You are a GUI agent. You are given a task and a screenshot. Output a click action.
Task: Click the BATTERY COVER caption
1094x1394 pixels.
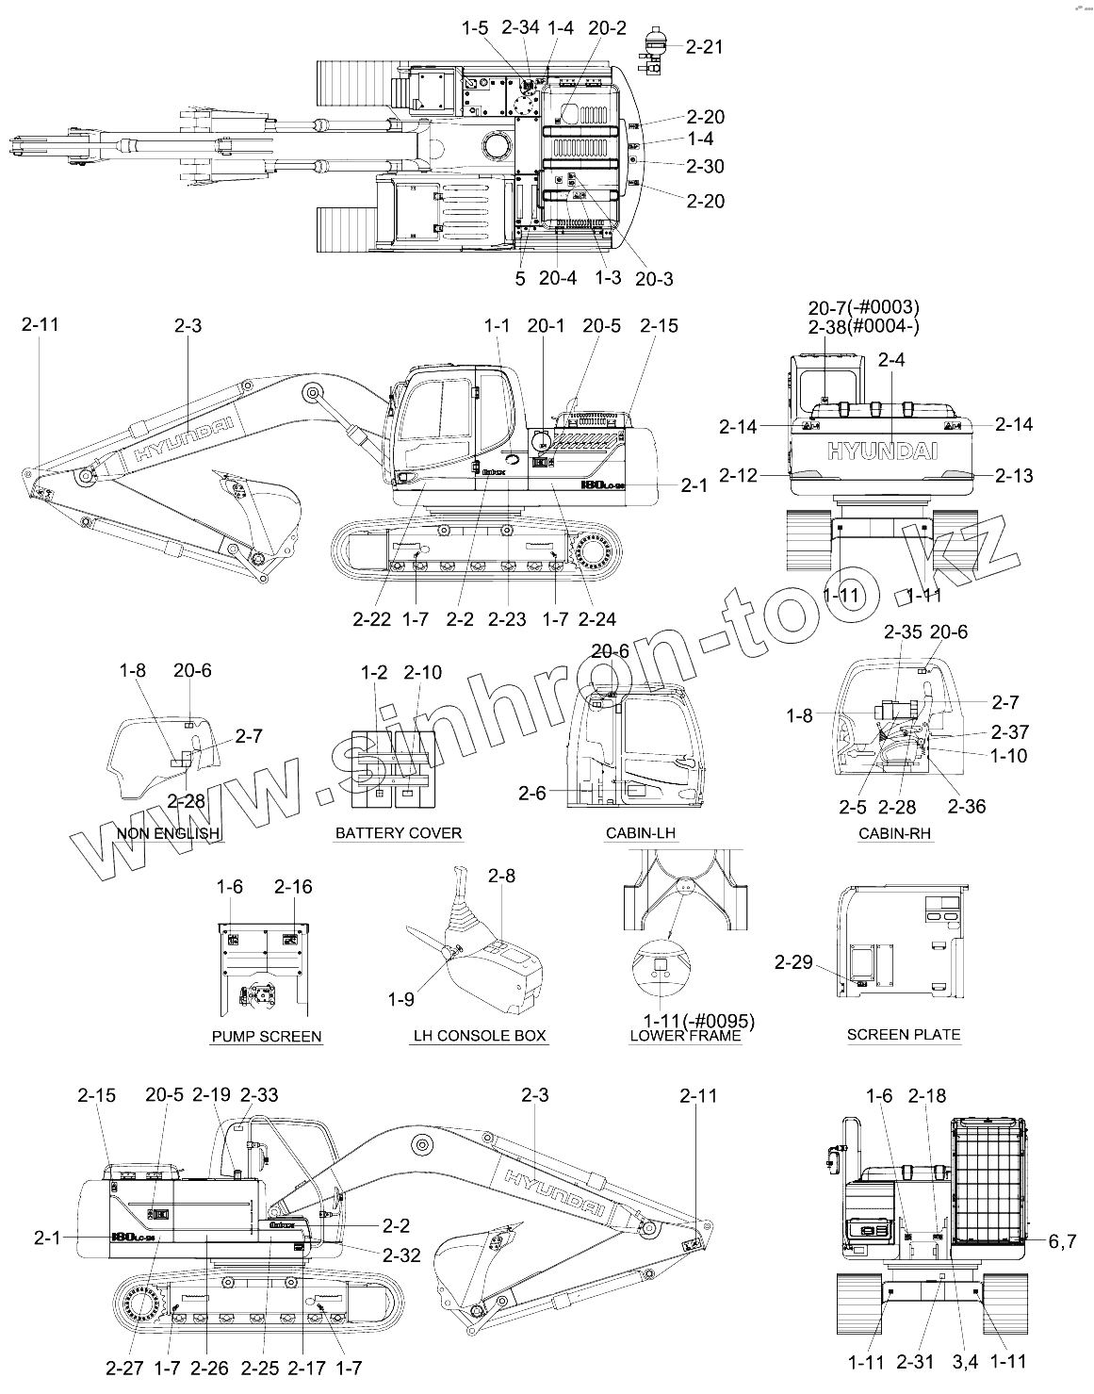coord(399,833)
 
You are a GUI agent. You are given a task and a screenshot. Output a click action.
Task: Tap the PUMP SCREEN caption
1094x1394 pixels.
coord(267,1037)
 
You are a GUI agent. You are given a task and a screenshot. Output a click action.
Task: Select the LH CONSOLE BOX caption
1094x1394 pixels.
coord(480,1036)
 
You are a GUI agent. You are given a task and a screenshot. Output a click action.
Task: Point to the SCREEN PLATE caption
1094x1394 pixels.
coord(904,1035)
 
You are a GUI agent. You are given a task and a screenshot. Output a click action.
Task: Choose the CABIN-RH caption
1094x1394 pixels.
coord(896,833)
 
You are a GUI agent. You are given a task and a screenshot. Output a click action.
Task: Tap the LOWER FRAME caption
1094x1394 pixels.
coord(685,1037)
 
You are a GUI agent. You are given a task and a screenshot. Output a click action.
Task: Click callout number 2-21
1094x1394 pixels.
coord(705,46)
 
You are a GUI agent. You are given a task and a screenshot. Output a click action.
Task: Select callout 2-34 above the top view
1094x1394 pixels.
coord(520,27)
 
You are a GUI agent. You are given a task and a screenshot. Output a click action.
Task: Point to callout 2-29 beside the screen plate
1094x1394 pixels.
coord(793,962)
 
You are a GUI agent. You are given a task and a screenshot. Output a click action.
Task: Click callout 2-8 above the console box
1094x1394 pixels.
coord(502,877)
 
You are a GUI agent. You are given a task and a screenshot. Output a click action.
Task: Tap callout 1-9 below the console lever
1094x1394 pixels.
coord(400,998)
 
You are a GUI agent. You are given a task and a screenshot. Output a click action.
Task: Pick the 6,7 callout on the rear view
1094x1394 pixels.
coord(1061,1240)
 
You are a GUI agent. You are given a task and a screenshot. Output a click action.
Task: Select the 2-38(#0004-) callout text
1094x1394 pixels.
coord(864,326)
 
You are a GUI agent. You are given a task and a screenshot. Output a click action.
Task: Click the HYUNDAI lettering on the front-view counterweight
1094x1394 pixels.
coord(883,451)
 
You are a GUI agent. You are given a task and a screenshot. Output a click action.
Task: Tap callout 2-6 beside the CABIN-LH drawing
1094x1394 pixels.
coord(532,794)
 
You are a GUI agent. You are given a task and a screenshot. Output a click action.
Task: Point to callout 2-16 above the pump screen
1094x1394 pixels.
coord(293,887)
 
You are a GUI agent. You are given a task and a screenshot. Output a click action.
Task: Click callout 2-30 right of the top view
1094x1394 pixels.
coord(706,167)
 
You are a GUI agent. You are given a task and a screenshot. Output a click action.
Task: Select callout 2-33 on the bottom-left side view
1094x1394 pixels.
coord(259,1095)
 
